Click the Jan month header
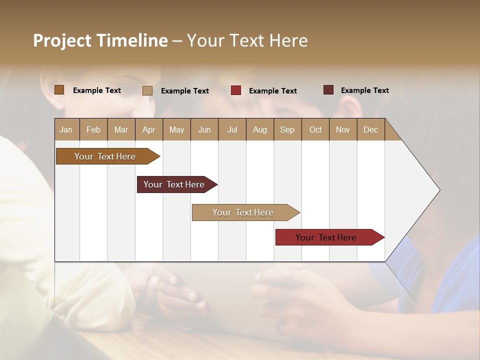pyautogui.click(x=66, y=130)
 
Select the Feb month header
pyautogui.click(x=93, y=130)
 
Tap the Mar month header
pyautogui.click(x=121, y=130)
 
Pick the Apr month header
pyautogui.click(x=149, y=130)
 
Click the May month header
pyautogui.click(x=176, y=130)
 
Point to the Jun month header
pyautogui.click(x=204, y=130)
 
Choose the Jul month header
pyautogui.click(x=232, y=130)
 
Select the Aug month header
pyautogui.click(x=260, y=130)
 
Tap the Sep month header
pyautogui.click(x=287, y=130)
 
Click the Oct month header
pyautogui.click(x=315, y=130)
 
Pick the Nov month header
pyautogui.click(x=343, y=130)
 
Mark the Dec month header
pyautogui.click(x=370, y=130)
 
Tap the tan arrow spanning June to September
pyautogui.click(x=244, y=212)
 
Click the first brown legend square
pyautogui.click(x=59, y=90)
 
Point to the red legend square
pyautogui.click(x=236, y=90)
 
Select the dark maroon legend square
pyautogui.click(x=328, y=90)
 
